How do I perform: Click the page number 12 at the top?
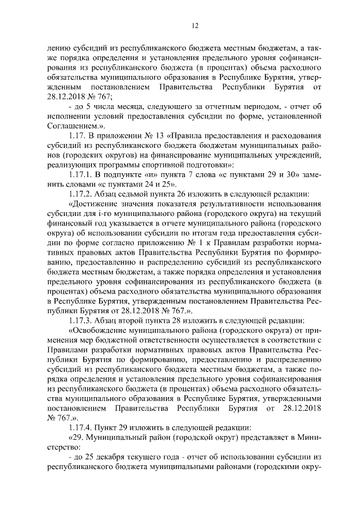click(180, 25)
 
